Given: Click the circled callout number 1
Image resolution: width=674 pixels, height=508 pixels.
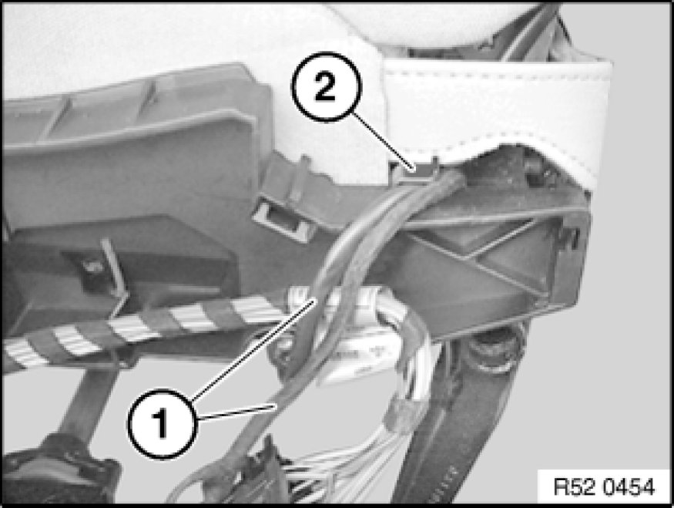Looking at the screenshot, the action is click(x=163, y=424).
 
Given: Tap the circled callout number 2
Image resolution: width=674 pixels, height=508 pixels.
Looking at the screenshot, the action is click(x=327, y=87).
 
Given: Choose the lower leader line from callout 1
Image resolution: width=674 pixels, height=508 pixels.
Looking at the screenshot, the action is click(x=236, y=411).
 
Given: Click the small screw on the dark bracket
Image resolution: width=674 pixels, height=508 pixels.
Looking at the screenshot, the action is click(x=93, y=267).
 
